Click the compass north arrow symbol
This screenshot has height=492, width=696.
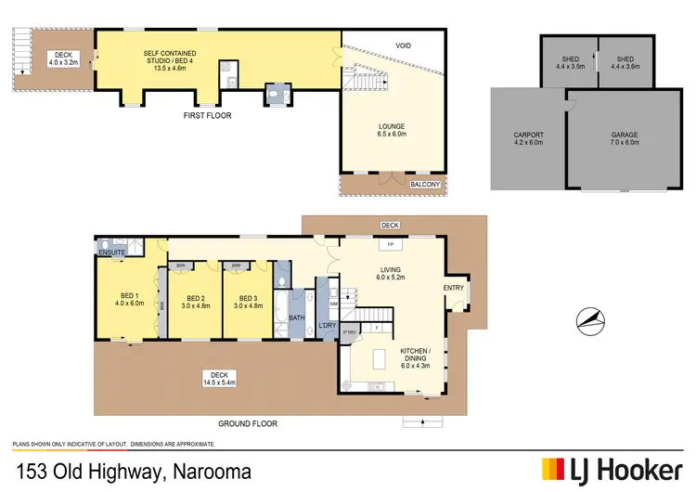pyautogui.click(x=592, y=321)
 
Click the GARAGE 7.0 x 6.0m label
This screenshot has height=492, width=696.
pyautogui.click(x=624, y=139)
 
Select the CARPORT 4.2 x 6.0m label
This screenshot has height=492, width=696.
pyautogui.click(x=528, y=139)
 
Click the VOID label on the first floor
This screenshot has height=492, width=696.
pyautogui.click(x=403, y=45)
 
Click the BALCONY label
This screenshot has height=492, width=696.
pyautogui.click(x=425, y=185)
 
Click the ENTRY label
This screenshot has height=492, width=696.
pyautogui.click(x=454, y=288)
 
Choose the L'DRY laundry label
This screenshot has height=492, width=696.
pyautogui.click(x=327, y=325)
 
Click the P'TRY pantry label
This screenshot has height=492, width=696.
pyautogui.click(x=350, y=331)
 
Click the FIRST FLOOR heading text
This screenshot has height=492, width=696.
pyautogui.click(x=206, y=116)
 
